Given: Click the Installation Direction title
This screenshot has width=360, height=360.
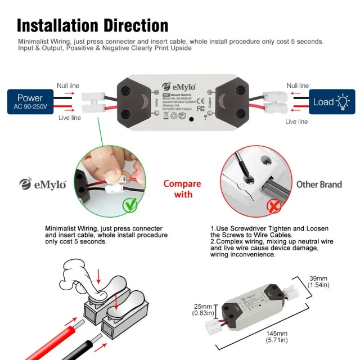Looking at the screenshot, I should click(x=93, y=25).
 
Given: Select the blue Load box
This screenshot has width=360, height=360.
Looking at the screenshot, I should click(x=331, y=102).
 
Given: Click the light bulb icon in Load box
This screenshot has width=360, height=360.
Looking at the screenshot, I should click(x=342, y=102).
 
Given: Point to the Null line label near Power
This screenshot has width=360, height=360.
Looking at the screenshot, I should click(x=68, y=86).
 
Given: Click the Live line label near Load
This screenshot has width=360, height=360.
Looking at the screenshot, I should click(x=297, y=121).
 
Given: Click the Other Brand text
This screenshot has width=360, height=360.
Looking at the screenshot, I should click(x=319, y=184).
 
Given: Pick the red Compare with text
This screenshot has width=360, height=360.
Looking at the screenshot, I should click(x=182, y=189).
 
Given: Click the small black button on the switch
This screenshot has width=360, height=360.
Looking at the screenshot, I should click(x=192, y=120).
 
